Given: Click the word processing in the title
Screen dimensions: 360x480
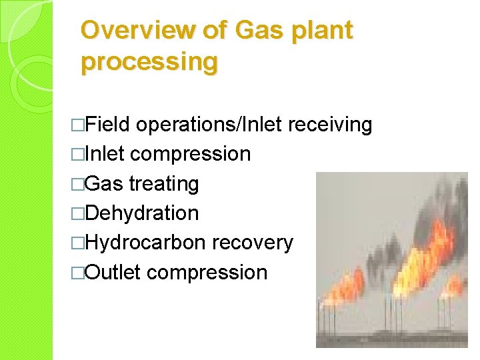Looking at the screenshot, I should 149,61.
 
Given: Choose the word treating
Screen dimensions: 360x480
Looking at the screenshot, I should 164,184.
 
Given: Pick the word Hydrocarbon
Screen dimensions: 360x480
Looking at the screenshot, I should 145,243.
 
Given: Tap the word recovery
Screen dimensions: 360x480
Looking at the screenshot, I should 252,243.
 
